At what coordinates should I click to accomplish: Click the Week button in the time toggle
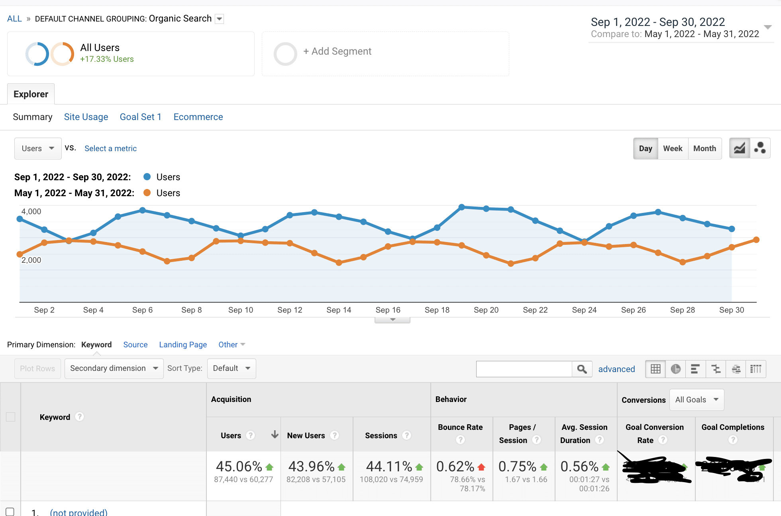[673, 148]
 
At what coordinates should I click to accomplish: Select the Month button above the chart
[704, 148]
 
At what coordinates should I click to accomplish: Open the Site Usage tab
[86, 117]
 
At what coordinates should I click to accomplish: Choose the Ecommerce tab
[198, 117]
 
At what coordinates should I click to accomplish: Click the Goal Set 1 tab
[141, 117]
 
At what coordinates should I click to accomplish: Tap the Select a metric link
[110, 148]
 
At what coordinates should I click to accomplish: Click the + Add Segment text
[337, 51]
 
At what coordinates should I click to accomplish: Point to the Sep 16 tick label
[388, 310]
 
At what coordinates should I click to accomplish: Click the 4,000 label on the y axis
[31, 211]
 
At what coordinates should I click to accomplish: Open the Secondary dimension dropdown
[114, 368]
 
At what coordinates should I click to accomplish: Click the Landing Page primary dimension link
[183, 345]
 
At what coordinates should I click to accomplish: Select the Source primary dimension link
[135, 345]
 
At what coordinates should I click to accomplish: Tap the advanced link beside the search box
[616, 369]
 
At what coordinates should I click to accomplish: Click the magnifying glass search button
[582, 369]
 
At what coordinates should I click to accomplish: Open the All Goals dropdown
[697, 400]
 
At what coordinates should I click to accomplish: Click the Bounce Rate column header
[460, 427]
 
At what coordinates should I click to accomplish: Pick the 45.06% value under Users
[239, 466]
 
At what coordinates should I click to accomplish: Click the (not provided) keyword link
[78, 512]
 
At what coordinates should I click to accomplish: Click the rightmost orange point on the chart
[756, 240]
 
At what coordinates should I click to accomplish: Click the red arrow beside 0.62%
[481, 467]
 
